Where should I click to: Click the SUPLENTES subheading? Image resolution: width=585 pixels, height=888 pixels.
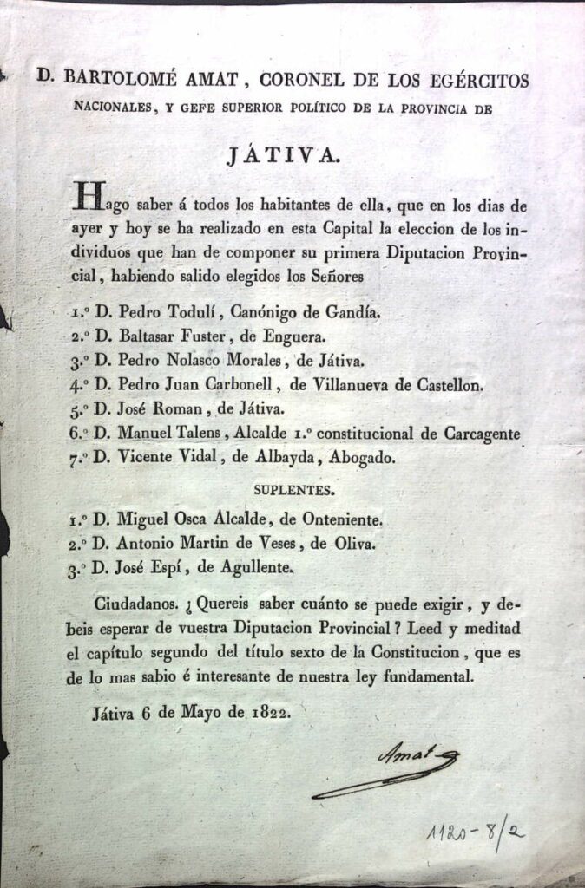tap(292, 490)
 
